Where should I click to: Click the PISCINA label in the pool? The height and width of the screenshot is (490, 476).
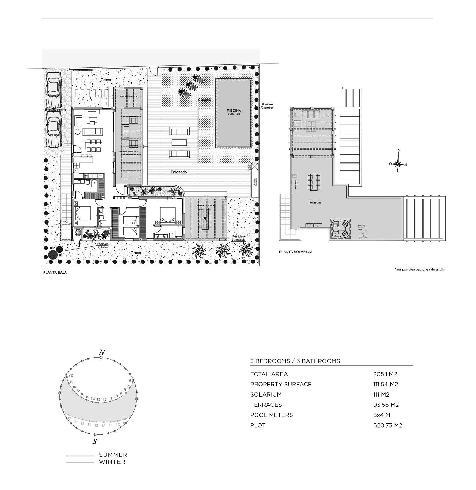pos(234,111)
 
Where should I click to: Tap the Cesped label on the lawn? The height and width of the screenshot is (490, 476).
pos(204,99)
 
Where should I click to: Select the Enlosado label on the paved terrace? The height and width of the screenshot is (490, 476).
pos(178,172)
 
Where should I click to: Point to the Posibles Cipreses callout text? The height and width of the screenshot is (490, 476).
pos(267,106)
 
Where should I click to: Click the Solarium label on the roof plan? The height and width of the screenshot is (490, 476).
pos(315,202)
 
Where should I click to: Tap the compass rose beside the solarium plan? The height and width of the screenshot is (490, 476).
pos(398,164)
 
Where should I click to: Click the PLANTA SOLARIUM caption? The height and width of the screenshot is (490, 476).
pos(295,252)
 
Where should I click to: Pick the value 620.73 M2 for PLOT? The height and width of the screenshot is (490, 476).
pos(387,425)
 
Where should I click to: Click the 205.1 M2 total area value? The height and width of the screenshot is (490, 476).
pos(385,374)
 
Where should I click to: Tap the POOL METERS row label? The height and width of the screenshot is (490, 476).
pos(271,415)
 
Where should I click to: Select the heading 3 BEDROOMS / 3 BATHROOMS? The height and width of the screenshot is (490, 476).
pos(295,361)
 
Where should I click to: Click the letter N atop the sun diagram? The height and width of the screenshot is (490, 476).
pos(102,352)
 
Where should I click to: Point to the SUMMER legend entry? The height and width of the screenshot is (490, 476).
pos(113,455)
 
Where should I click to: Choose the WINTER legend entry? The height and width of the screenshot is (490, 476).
pos(112,462)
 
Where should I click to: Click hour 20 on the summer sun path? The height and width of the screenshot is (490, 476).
pos(71,375)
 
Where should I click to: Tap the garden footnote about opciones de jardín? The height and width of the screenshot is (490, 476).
pos(420,269)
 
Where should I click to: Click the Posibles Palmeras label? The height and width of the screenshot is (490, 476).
pos(238,238)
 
